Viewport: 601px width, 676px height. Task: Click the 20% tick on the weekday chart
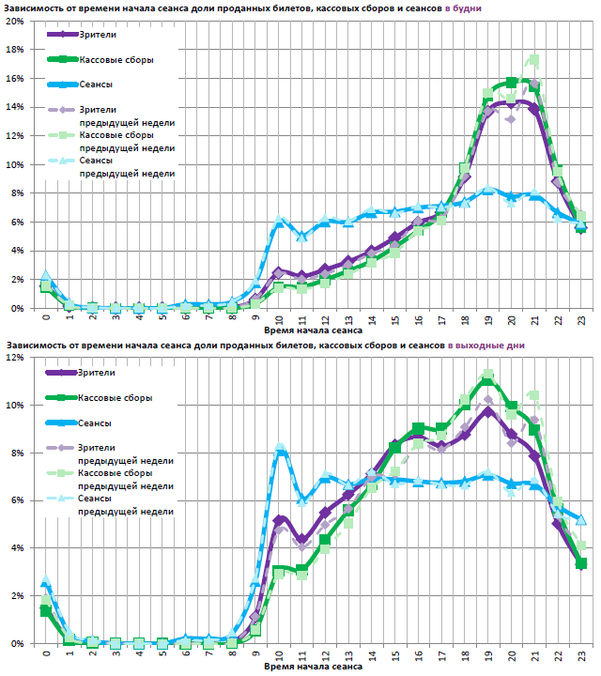pyautogui.click(x=15, y=21)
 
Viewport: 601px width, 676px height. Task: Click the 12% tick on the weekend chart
pyautogui.click(x=15, y=358)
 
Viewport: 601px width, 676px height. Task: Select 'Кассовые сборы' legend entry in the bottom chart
pyautogui.click(x=116, y=397)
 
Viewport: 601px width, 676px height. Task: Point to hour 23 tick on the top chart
pyautogui.click(x=581, y=320)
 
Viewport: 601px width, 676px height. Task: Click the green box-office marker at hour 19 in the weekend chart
pyautogui.click(x=488, y=379)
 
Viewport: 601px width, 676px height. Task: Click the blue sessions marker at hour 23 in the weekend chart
pyautogui.click(x=581, y=519)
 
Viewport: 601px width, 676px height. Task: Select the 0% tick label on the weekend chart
pyautogui.click(x=17, y=644)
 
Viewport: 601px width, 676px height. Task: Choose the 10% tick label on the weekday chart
pyautogui.click(x=15, y=164)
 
